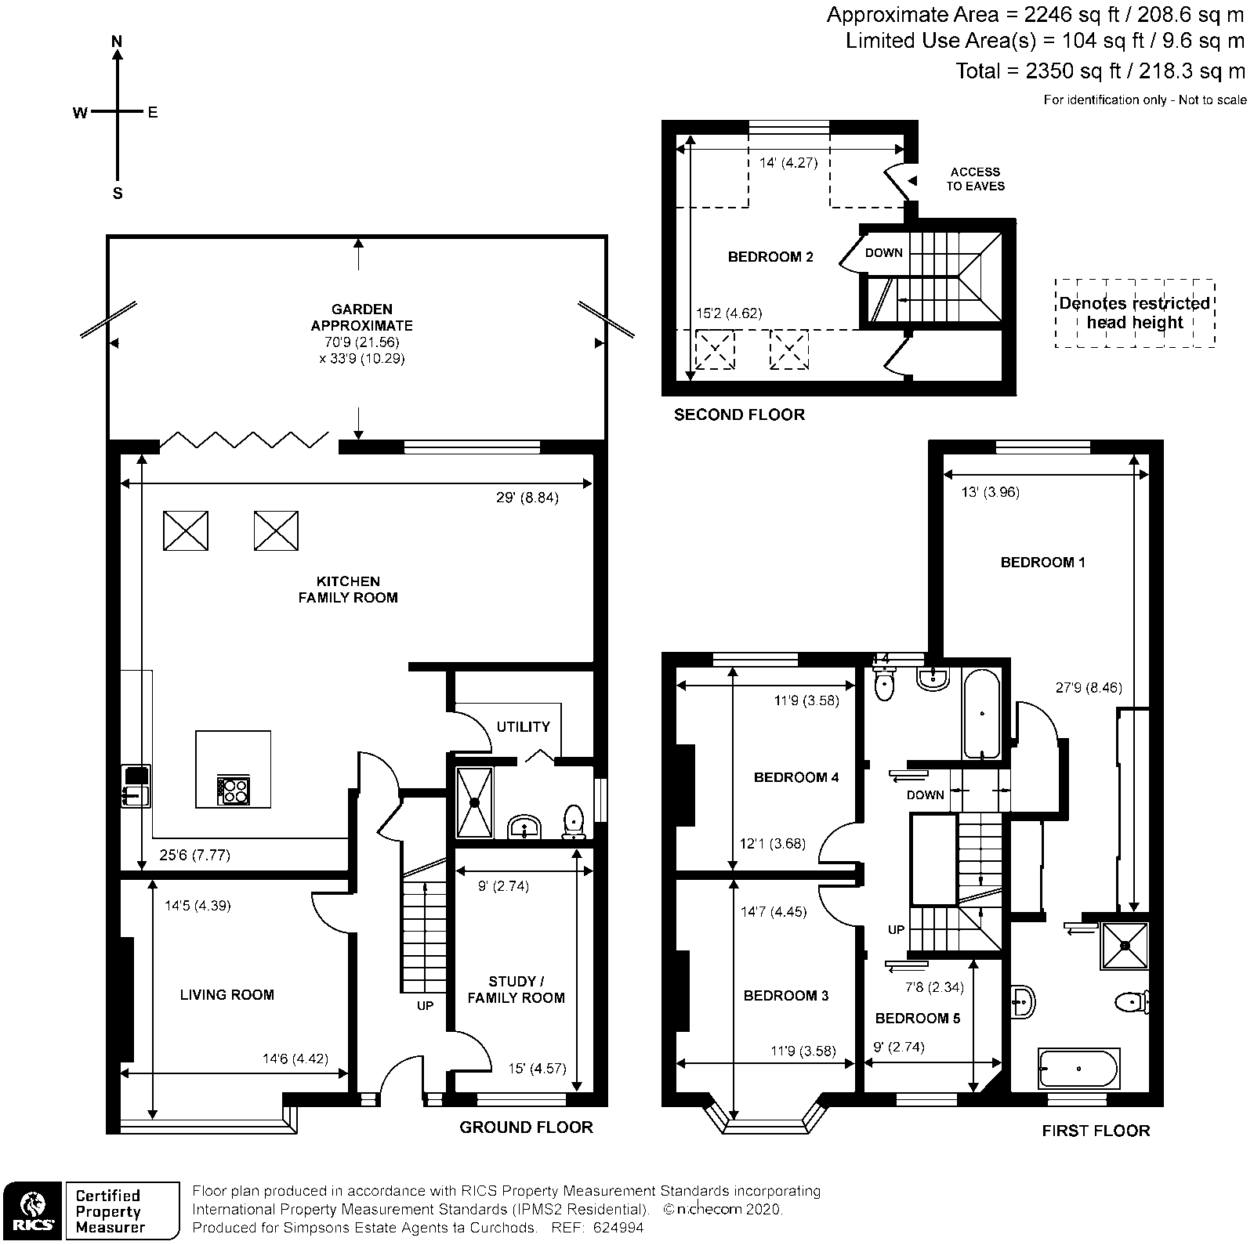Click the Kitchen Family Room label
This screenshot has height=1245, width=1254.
[347, 589]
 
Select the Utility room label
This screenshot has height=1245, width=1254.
[523, 726]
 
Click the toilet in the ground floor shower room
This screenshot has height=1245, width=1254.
[574, 820]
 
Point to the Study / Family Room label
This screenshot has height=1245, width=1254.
[516, 990]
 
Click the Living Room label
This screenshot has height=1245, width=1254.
[227, 994]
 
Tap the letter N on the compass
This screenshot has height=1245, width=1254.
[118, 42]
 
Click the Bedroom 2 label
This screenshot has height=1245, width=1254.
[770, 256]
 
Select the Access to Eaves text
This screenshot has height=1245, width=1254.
[974, 179]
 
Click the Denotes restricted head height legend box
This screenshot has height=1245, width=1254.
[1134, 313]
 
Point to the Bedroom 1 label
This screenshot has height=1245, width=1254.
[1042, 562]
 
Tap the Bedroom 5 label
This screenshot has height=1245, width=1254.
[917, 1018]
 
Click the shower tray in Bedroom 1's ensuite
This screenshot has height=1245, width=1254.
[1125, 945]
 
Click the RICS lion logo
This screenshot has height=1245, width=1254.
[31, 1211]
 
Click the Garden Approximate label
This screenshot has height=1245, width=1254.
[361, 317]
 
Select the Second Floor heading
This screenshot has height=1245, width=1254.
[739, 414]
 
